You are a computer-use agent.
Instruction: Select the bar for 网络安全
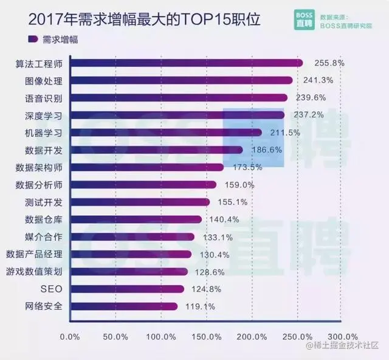124,306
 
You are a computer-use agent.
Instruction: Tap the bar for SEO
127,289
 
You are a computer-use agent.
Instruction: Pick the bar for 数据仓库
136,220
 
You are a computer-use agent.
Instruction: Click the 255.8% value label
329,63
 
